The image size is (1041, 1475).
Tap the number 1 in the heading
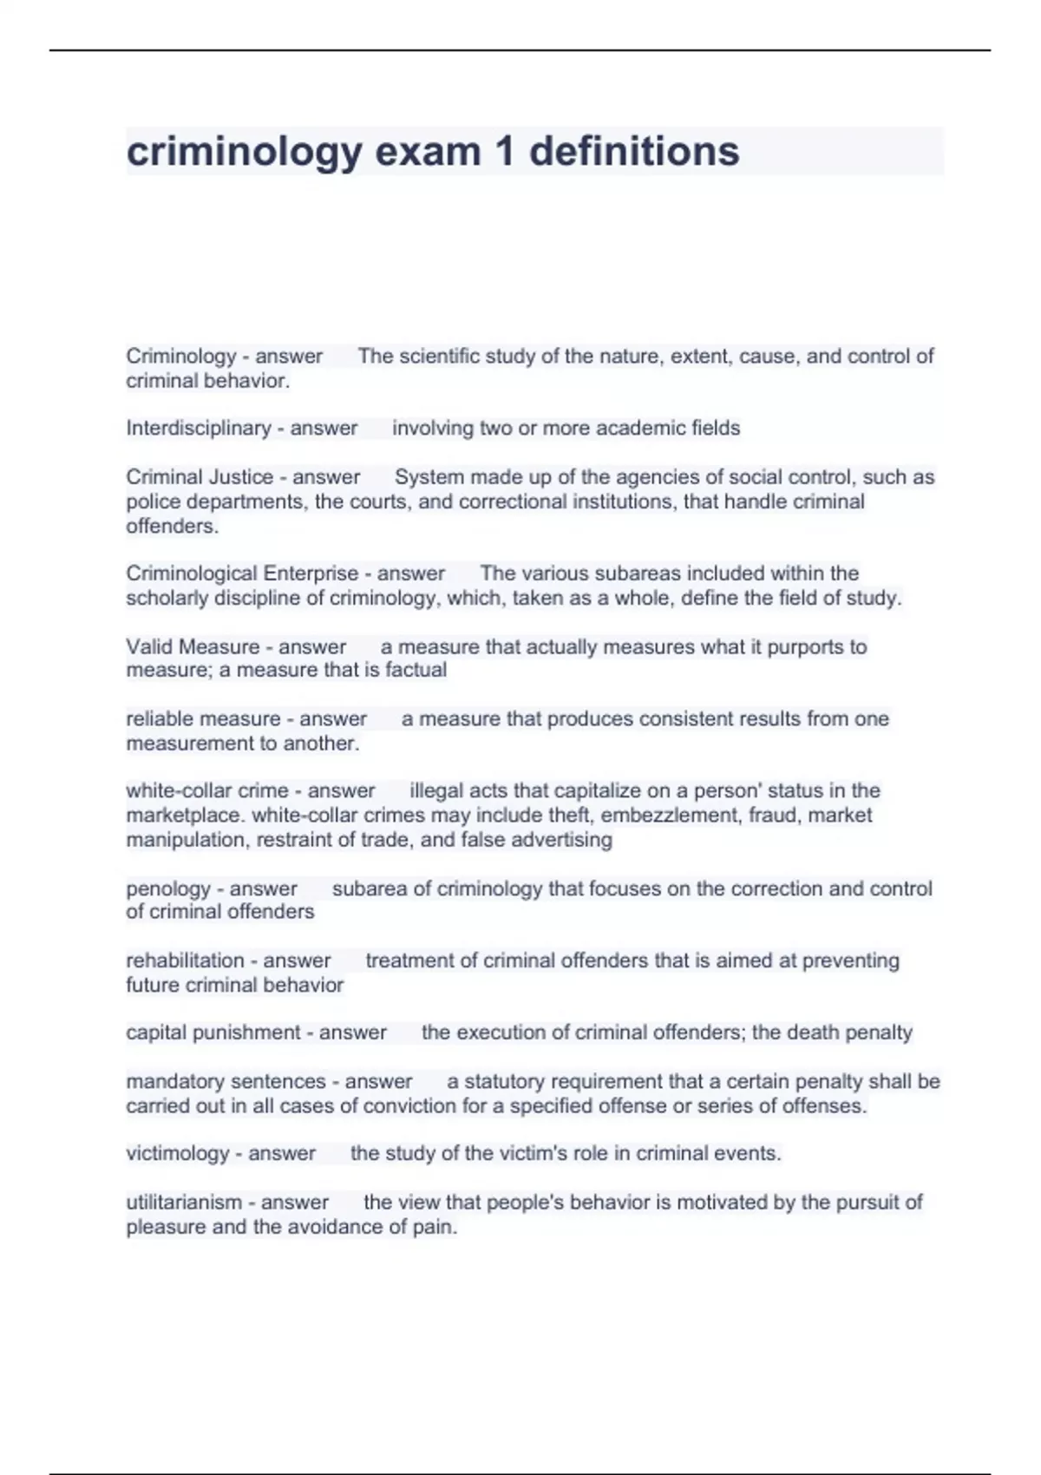click(504, 152)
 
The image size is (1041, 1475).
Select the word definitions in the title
click(634, 152)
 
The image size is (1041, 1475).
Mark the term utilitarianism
click(184, 1202)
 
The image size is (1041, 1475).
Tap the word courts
click(380, 501)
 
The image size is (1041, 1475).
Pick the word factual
click(415, 670)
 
